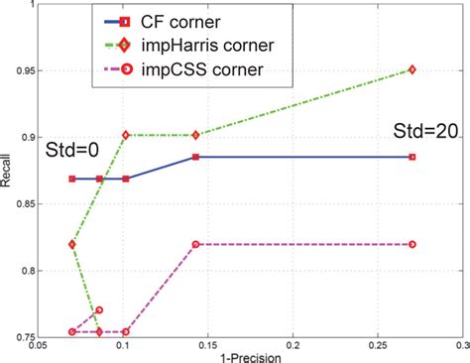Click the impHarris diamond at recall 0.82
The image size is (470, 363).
(71, 244)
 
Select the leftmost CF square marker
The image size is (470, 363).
(71, 179)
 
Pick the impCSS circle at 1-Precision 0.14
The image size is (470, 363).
(195, 244)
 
